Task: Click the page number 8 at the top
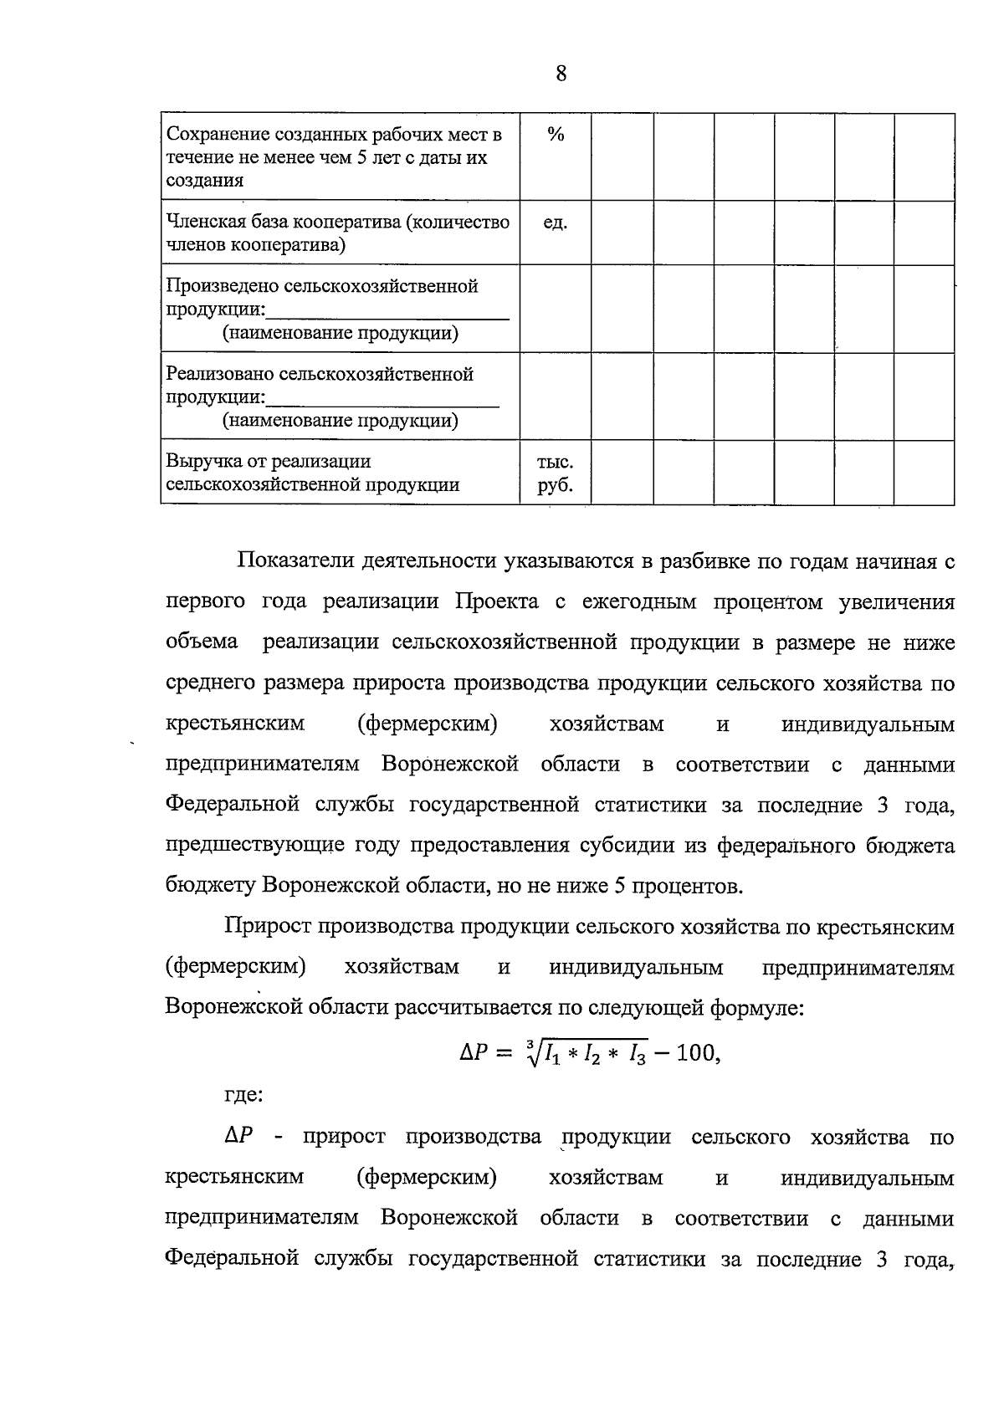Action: (561, 74)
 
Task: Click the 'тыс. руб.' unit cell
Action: (556, 473)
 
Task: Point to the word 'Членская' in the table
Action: (202, 223)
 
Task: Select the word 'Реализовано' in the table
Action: (219, 374)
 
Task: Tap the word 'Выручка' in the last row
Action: (197, 462)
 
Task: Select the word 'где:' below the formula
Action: (244, 1095)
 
